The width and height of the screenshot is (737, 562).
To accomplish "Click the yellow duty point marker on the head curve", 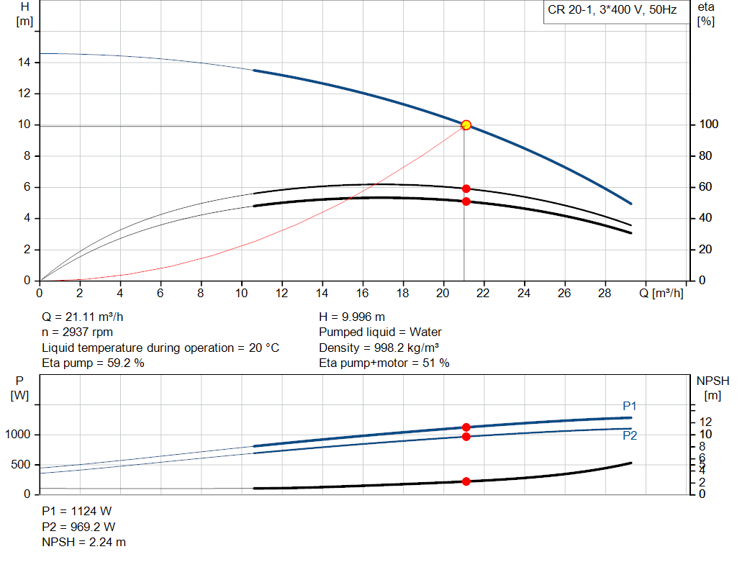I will pyautogui.click(x=466, y=125).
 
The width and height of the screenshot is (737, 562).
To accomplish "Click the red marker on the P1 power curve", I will pyautogui.click(x=466, y=427).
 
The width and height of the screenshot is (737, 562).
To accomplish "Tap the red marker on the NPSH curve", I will pyautogui.click(x=466, y=481).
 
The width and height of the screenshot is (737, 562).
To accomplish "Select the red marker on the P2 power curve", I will pyautogui.click(x=466, y=437).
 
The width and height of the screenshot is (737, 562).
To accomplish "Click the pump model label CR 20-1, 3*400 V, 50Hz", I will pyautogui.click(x=612, y=12).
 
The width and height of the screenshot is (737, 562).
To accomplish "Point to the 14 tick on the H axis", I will pyautogui.click(x=24, y=63).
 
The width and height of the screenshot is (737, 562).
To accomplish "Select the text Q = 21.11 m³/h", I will pyautogui.click(x=87, y=317).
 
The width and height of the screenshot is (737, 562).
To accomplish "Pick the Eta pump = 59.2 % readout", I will pyautogui.click(x=93, y=363).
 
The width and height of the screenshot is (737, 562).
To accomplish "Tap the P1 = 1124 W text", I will pyautogui.click(x=77, y=512).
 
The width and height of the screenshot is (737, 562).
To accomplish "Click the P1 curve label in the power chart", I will pyautogui.click(x=630, y=407).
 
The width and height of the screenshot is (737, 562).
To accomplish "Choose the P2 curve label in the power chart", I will pyautogui.click(x=630, y=435).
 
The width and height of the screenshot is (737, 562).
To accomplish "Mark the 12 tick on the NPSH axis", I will pyautogui.click(x=706, y=422).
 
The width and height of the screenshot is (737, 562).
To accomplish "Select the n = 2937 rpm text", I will pyautogui.click(x=78, y=332).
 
